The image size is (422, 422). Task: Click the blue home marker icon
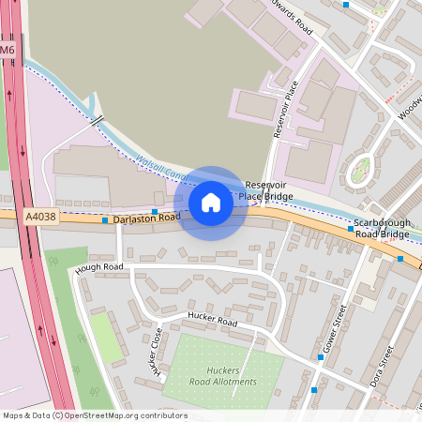coord(211,203)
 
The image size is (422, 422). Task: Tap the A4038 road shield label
coord(40,217)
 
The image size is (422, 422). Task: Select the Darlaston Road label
coord(145,219)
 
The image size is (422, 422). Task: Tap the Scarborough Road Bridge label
coord(381,228)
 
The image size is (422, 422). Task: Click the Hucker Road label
coord(211,319)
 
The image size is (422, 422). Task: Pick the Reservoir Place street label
coord(284,110)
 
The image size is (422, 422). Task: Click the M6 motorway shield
coord(8,49)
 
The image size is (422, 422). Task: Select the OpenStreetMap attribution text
coord(95,415)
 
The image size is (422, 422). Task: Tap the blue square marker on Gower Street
coord(313,389)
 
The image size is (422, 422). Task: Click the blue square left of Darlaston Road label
coord(105,221)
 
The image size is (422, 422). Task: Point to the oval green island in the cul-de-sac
coord(360,172)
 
